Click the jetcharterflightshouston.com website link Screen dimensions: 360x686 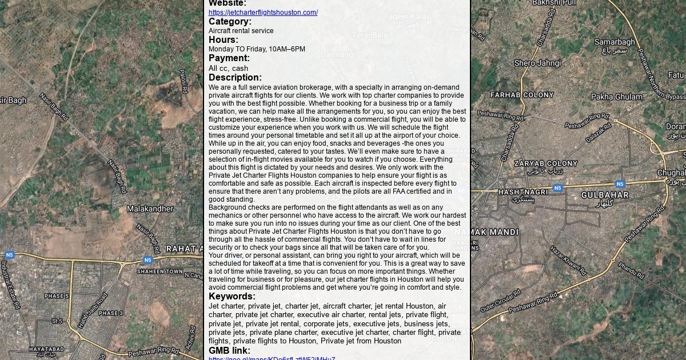pyautogui.click(x=263, y=13)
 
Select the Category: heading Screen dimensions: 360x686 pyautogui.click(x=230, y=22)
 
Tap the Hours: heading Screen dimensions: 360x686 pyautogui.click(x=224, y=40)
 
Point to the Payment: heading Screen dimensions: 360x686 pyautogui.click(x=229, y=58)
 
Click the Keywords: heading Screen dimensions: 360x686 pyautogui.click(x=232, y=297)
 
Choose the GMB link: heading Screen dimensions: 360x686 pyautogui.click(x=229, y=351)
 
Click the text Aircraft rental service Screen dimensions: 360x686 pyautogui.click(x=241, y=31)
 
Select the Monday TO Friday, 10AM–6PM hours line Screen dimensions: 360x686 pyautogui.click(x=257, y=49)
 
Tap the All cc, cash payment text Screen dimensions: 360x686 pyautogui.click(x=228, y=69)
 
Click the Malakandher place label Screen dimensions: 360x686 pyautogui.click(x=150, y=209)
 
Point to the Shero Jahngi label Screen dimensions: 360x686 pyautogui.click(x=537, y=63)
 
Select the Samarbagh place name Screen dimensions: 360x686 pyautogui.click(x=615, y=42)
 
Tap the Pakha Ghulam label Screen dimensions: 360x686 pyautogui.click(x=617, y=97)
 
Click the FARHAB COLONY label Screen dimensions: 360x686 pyautogui.click(x=522, y=95)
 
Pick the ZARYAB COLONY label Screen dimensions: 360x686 pyautogui.click(x=545, y=163)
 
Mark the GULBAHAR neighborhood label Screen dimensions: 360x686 pyautogui.click(x=605, y=195)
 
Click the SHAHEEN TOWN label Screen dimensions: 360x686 pyautogui.click(x=160, y=271)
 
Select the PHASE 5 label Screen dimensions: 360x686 pyautogui.click(x=57, y=296)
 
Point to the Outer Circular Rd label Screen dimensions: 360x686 pyautogui.click(x=500, y=301)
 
